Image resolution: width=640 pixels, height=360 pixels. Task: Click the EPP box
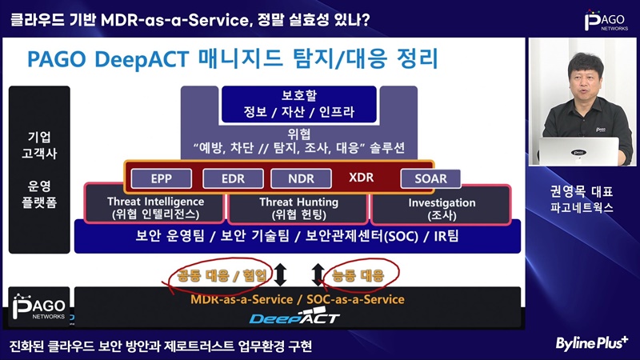[x=162, y=178]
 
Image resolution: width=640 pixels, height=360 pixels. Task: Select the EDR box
[x=233, y=178]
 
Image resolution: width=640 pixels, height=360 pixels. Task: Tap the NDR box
[x=302, y=178]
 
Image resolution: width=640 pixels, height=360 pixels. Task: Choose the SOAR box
[x=430, y=178]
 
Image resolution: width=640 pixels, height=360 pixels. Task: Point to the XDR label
[x=362, y=178]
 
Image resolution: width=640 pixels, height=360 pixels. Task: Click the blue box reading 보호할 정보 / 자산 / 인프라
[x=298, y=104]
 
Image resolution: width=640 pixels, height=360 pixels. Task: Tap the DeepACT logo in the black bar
[x=294, y=317]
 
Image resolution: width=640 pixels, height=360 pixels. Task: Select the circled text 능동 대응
[x=358, y=275]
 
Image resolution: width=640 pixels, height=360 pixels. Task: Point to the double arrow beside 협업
[x=280, y=274]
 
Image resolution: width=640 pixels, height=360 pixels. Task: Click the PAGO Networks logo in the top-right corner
[x=606, y=21]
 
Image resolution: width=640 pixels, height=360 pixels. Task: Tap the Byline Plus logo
[x=592, y=343]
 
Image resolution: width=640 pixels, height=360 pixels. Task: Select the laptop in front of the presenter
[x=578, y=151]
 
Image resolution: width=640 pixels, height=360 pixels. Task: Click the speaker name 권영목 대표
[x=582, y=191]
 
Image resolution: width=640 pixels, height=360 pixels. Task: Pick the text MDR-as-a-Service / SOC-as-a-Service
[x=298, y=299]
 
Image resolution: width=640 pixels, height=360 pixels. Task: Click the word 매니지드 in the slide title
[x=241, y=58]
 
